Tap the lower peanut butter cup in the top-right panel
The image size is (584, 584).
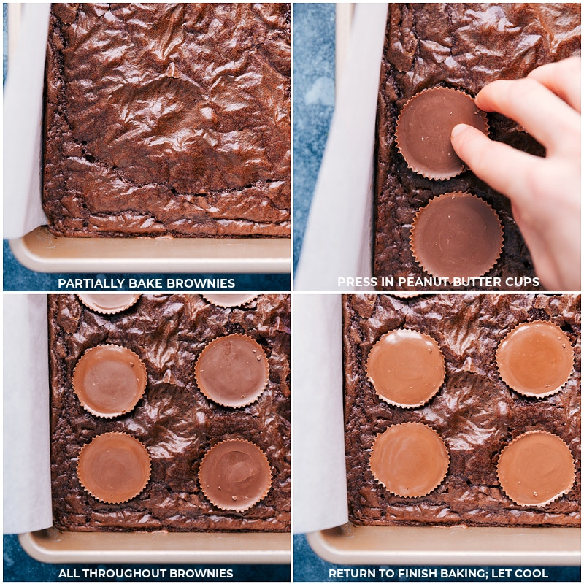tap(457, 236)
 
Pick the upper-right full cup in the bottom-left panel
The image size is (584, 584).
tap(232, 371)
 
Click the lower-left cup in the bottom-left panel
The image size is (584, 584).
tap(114, 467)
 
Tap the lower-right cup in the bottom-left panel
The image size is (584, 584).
tap(235, 474)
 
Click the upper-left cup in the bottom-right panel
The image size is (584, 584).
tap(406, 368)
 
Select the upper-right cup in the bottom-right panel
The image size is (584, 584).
tap(535, 358)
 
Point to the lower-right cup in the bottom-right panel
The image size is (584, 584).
tap(536, 468)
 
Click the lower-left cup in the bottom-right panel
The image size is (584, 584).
tap(409, 460)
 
